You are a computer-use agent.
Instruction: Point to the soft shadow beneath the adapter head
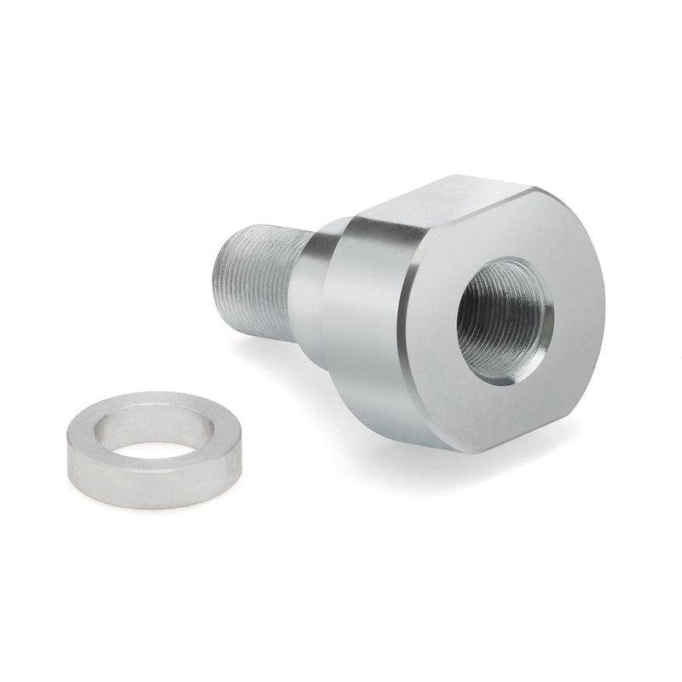tap(409, 443)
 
